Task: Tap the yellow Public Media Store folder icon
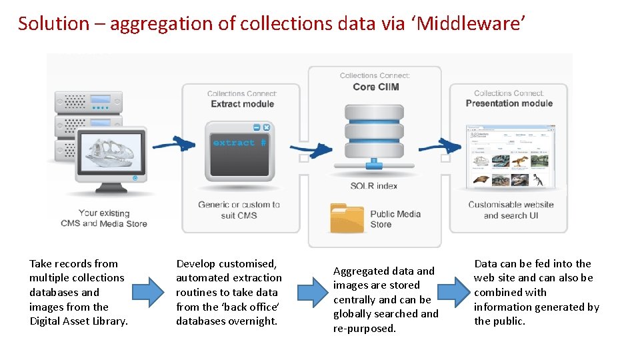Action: click(347, 218)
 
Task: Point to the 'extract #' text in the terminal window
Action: click(239, 143)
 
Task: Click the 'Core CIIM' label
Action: click(375, 87)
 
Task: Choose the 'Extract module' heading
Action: click(242, 104)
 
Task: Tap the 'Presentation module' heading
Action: click(509, 103)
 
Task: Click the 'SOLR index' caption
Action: click(373, 185)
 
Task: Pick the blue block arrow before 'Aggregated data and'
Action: click(313, 291)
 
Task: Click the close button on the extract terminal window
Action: click(267, 127)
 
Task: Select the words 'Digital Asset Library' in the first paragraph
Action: click(79, 321)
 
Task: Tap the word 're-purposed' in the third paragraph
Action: click(363, 328)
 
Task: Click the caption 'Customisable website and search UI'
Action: click(511, 210)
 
